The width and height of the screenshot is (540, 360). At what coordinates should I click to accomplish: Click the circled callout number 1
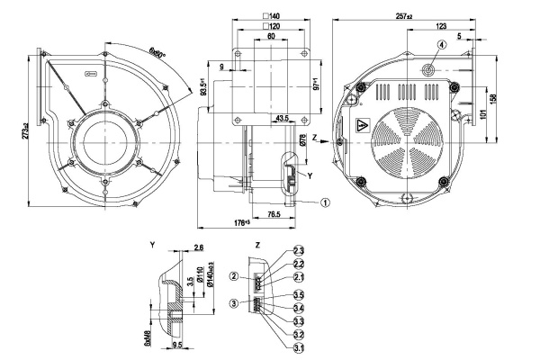pos(326,202)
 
